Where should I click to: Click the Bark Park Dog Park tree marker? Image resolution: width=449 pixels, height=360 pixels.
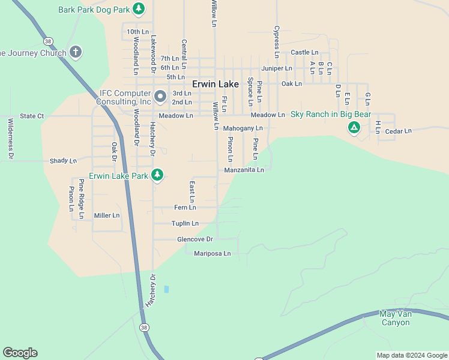pos(139,8)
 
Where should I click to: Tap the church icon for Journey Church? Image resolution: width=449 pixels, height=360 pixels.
pos(76,52)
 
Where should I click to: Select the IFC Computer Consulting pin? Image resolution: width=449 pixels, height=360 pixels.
pos(160,96)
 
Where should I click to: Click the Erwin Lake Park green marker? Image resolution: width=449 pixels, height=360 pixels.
pos(157,175)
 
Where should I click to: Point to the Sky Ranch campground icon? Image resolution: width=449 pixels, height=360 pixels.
pos(354,127)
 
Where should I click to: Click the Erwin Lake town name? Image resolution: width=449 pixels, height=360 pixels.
pos(215,85)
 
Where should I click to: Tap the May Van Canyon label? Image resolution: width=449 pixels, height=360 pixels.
pos(395,318)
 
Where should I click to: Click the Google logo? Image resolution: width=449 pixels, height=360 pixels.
pos(20,353)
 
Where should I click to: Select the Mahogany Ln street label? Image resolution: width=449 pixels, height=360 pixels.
pos(243,128)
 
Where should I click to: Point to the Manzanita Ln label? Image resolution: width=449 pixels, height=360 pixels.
pos(244,170)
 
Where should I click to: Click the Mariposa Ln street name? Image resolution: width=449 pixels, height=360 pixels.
pos(212,254)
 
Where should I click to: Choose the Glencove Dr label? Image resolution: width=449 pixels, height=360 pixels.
pos(195,239)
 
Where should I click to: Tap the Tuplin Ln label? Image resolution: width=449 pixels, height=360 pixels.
pos(185,223)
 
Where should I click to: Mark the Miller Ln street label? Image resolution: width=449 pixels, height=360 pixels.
pos(107,215)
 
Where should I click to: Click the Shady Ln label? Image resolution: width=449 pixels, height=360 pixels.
pos(64,161)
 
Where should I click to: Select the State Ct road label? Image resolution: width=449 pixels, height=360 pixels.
pos(32,116)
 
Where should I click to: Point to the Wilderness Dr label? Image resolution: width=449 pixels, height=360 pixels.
pos(10,139)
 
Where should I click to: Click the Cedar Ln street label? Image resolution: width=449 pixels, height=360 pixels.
pos(399,131)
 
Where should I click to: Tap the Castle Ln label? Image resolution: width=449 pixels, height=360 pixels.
pos(304,53)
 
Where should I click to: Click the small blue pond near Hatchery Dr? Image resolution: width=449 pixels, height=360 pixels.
pos(166,289)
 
